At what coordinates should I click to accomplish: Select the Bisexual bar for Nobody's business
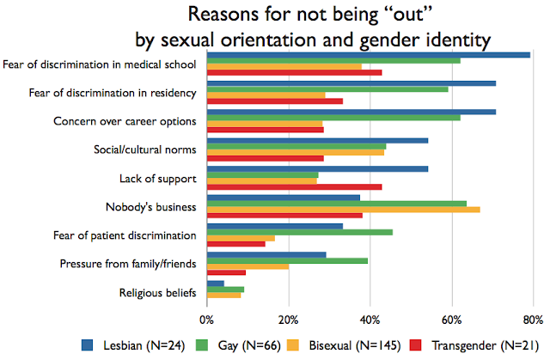(x=343, y=209)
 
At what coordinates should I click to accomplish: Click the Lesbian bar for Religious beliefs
(x=215, y=283)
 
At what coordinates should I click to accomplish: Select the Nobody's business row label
(x=156, y=208)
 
